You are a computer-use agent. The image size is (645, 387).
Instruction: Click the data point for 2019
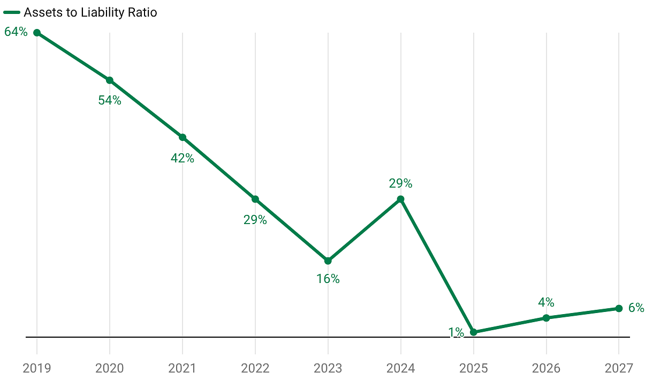(37, 33)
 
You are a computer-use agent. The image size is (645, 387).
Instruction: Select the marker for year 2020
(109, 80)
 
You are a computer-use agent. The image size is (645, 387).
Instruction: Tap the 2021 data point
(183, 137)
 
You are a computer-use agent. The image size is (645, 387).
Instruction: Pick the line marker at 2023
(328, 261)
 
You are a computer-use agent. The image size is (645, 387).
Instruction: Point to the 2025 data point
(473, 332)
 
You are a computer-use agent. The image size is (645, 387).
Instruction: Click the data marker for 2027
(619, 308)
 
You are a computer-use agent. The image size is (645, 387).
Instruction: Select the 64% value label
(16, 32)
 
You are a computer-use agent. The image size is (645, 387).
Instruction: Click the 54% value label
(110, 100)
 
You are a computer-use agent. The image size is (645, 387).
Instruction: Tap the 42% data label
(183, 158)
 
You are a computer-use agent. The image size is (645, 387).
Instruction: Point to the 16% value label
(328, 279)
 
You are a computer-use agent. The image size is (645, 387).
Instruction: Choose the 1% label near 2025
(456, 332)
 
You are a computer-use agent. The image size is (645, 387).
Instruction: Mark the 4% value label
(546, 302)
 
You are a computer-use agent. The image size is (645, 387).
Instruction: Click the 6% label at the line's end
(636, 308)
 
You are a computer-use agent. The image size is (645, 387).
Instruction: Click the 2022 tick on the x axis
(255, 368)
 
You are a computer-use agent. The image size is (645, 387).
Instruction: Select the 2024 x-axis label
(400, 368)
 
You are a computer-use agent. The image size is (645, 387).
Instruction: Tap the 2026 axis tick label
(546, 368)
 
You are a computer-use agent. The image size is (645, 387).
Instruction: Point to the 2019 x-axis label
(37, 368)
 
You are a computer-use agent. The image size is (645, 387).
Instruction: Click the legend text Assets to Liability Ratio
(90, 12)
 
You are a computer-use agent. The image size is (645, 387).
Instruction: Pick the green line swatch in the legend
(12, 12)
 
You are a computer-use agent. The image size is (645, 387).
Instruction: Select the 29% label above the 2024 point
(400, 183)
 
